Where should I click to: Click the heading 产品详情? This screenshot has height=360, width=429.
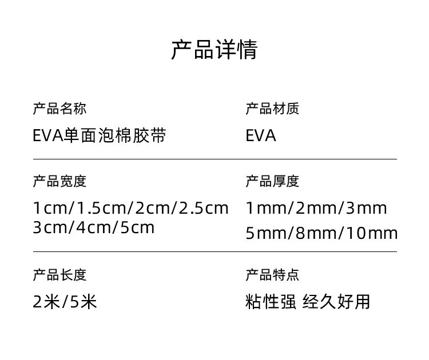[214, 50]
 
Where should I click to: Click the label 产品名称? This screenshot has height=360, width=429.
[59, 109]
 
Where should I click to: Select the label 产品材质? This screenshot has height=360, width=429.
[272, 109]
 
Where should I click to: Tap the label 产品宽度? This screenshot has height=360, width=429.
[59, 182]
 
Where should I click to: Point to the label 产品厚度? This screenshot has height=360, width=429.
[272, 182]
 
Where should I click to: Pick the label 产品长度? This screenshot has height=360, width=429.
[59, 275]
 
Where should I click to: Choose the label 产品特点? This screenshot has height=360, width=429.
[272, 275]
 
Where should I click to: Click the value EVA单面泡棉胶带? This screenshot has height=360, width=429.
[100, 136]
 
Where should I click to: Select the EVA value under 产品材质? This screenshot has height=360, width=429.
[261, 136]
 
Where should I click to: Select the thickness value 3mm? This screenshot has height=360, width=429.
[366, 208]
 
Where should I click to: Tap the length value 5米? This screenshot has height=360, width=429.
[83, 301]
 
